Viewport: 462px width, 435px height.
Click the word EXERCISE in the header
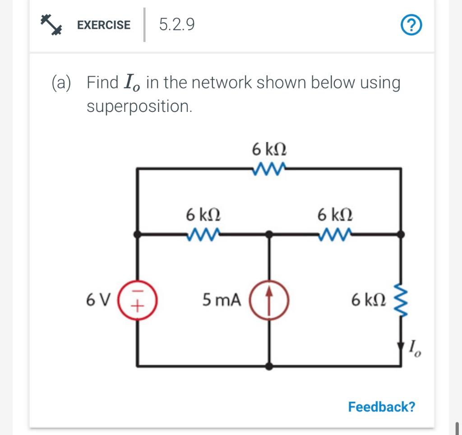[104, 25]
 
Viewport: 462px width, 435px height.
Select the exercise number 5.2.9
[177, 25]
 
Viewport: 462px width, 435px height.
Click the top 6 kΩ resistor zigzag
[269, 168]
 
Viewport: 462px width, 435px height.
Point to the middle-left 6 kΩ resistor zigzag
[203, 234]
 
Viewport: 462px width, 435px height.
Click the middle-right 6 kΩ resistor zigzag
[335, 234]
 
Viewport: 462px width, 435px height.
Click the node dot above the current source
[269, 234]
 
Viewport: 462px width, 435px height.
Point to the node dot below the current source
[269, 366]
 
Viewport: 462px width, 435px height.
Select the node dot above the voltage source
[138, 234]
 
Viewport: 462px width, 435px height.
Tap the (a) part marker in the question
[60, 83]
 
